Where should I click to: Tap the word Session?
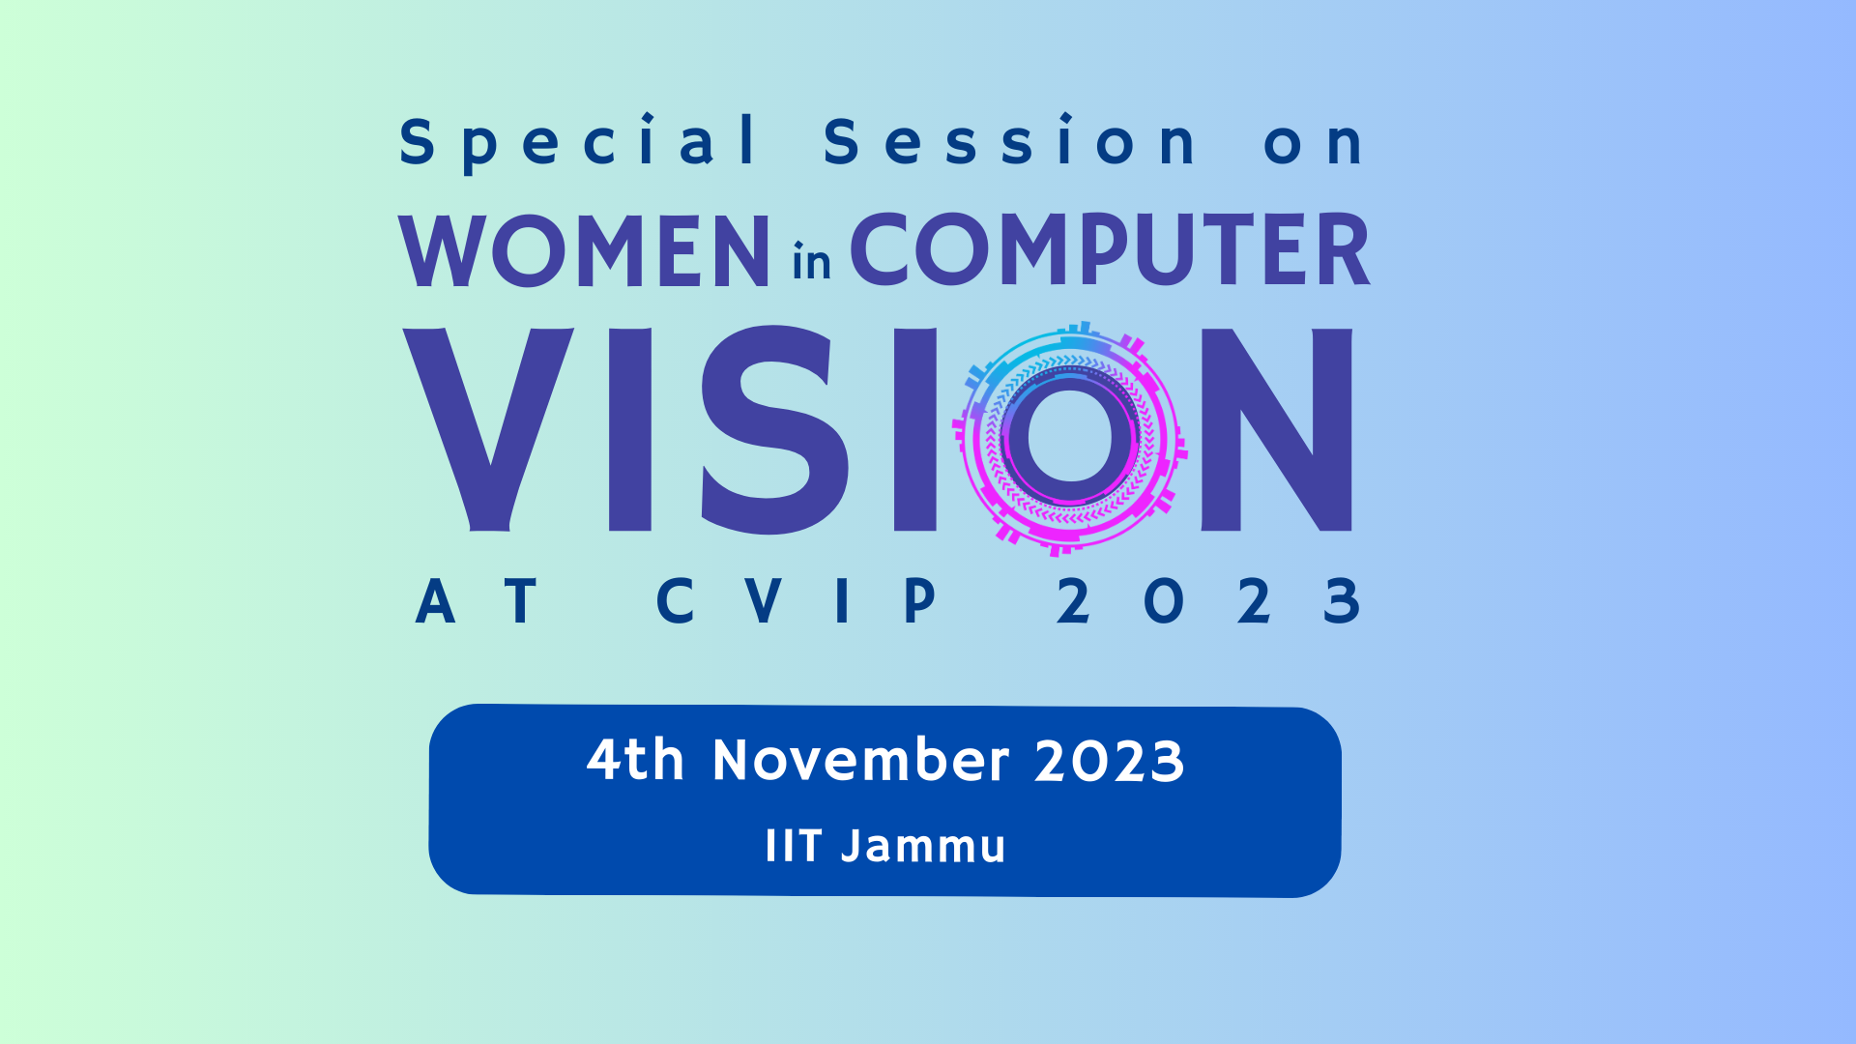tap(1010, 142)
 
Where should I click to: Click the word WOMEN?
tap(585, 250)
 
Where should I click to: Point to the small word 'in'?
tap(811, 262)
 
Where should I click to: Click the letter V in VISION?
tap(489, 429)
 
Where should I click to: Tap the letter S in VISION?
tap(774, 429)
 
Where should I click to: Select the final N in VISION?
tap(1276, 429)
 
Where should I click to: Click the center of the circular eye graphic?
tap(1070, 437)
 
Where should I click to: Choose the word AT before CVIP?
tap(476, 601)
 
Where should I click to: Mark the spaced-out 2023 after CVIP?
tap(1208, 601)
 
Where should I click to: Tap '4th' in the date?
tap(635, 760)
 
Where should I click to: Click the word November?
tap(860, 760)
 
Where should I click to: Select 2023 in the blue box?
tap(1109, 762)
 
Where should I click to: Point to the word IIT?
tap(793, 846)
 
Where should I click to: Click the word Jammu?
tap(923, 847)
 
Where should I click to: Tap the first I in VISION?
tap(630, 429)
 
